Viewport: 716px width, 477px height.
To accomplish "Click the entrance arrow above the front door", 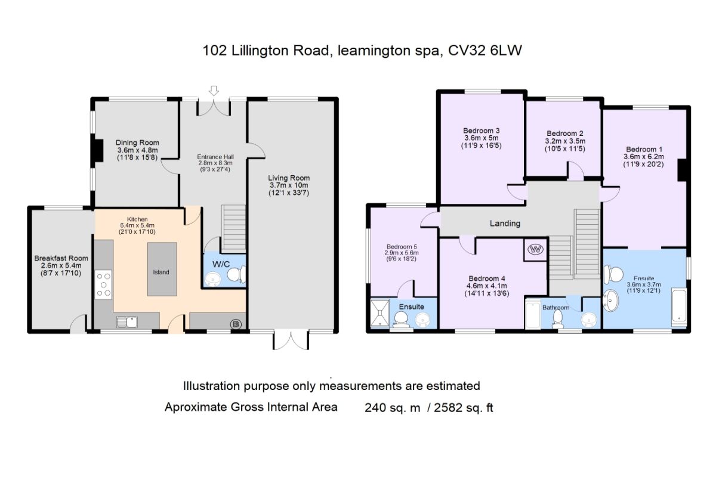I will tap(214, 91).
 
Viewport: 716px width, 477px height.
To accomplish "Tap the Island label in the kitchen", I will tap(161, 272).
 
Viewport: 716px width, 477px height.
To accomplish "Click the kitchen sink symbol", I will tap(128, 323).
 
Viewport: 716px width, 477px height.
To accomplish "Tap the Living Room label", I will tap(289, 178).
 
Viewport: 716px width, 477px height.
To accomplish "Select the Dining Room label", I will tap(137, 143).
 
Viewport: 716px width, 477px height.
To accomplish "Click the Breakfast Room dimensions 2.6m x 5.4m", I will tap(61, 266).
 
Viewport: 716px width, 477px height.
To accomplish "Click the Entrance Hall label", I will tap(214, 157).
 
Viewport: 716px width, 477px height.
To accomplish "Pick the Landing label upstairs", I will tap(505, 224).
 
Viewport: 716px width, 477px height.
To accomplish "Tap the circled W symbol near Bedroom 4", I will tap(535, 250).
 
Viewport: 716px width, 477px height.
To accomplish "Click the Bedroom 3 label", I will tap(481, 131).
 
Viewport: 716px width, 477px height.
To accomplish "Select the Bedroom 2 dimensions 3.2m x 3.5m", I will tap(564, 141).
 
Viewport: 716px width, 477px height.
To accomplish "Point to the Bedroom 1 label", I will tap(644, 149).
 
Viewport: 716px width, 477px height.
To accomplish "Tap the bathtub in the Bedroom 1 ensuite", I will tap(680, 306).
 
